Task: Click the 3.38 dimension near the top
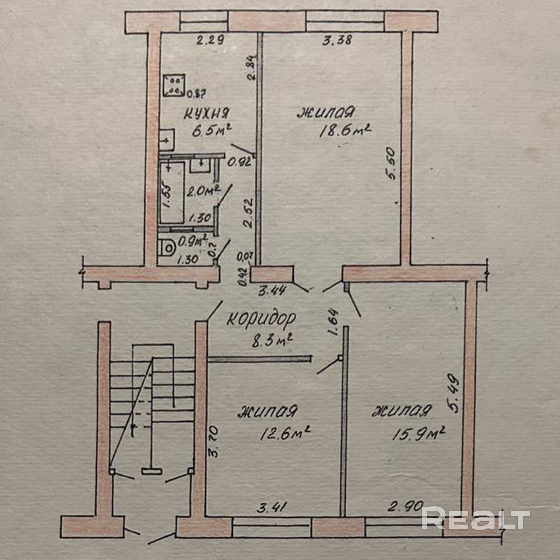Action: click(x=337, y=40)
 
